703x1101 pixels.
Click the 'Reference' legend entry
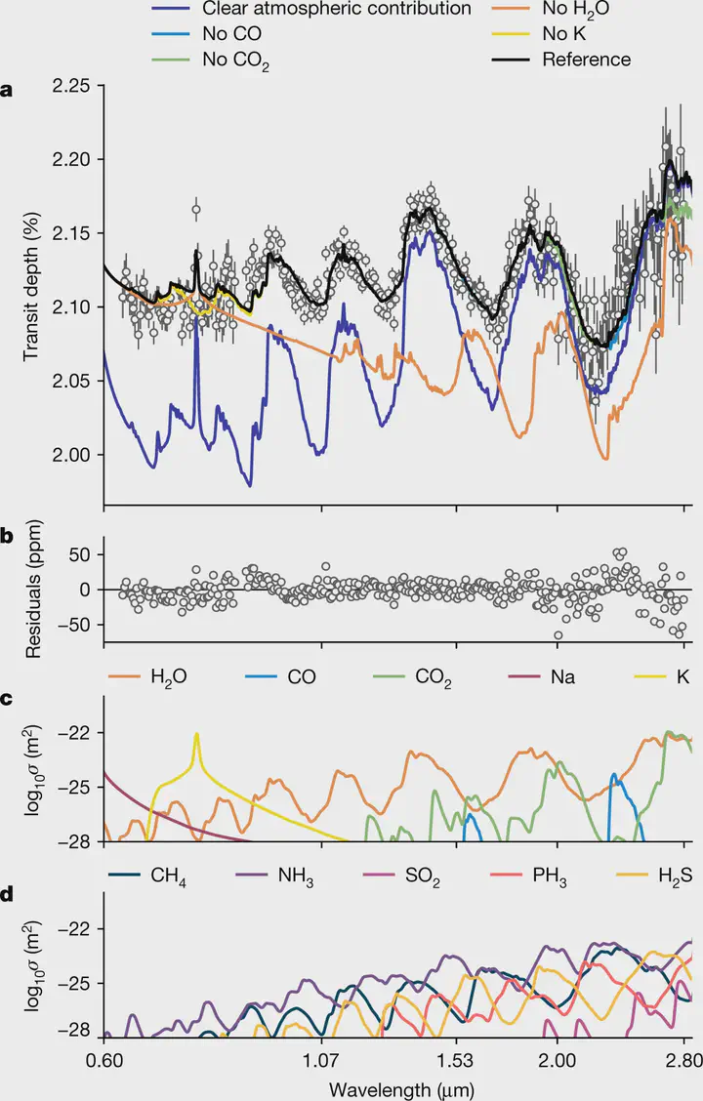588,60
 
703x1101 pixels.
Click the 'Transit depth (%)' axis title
31,283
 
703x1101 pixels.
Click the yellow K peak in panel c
197,735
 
